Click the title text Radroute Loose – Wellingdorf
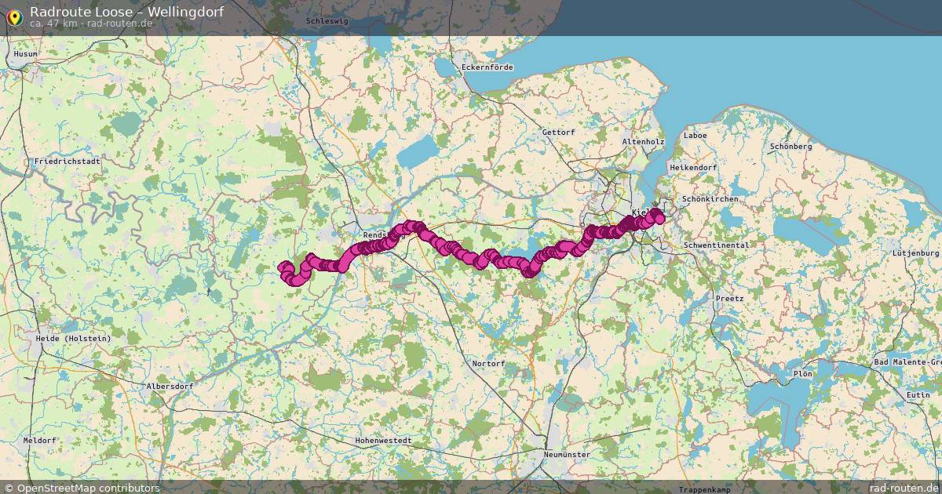click(126, 11)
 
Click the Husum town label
click(26, 54)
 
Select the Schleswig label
click(327, 21)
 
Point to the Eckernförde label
click(487, 67)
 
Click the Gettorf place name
click(558, 133)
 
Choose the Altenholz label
click(642, 141)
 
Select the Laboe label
click(695, 135)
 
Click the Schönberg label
click(790, 147)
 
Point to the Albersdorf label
click(170, 387)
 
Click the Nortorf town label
click(489, 364)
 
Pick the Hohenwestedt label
click(383, 441)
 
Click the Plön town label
click(802, 374)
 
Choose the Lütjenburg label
click(915, 253)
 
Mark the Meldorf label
click(39, 441)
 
